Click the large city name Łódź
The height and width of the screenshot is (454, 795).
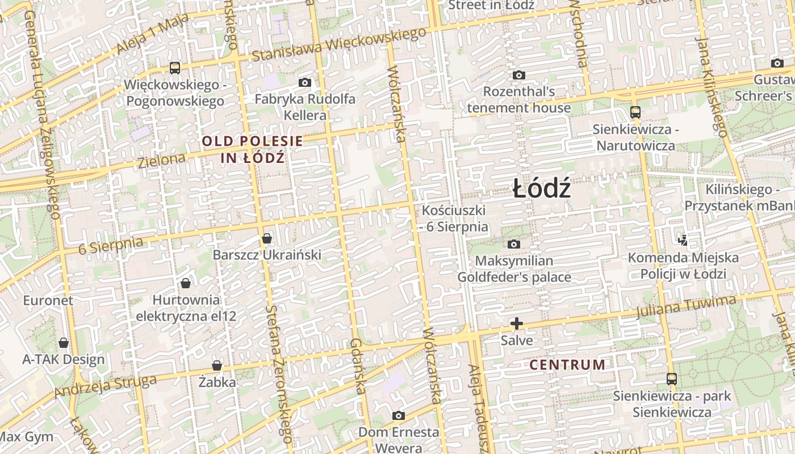[541, 188]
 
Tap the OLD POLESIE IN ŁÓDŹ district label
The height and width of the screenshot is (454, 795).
[253, 149]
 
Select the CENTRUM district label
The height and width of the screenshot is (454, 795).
[567, 364]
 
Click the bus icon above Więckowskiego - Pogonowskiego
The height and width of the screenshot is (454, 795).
[175, 68]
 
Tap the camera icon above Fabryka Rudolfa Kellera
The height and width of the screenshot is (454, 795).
[305, 83]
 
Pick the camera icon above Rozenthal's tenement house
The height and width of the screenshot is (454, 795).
[518, 75]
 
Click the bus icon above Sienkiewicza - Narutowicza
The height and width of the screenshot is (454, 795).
[635, 112]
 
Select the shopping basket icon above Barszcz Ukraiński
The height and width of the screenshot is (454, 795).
[267, 238]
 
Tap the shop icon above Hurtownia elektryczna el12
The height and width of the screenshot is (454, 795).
[186, 283]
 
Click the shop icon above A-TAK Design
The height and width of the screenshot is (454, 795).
[64, 343]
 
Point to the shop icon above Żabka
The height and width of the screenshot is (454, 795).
[217, 365]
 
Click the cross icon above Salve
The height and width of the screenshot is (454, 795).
[517, 323]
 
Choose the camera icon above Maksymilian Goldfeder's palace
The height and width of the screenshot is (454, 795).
[514, 244]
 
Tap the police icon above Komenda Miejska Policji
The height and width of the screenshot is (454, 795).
[683, 241]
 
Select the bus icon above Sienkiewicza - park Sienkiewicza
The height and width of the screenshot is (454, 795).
[672, 379]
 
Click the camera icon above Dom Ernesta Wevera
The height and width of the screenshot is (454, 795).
[399, 415]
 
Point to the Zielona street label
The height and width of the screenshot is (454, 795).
[162, 160]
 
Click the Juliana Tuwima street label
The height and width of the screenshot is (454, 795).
[686, 306]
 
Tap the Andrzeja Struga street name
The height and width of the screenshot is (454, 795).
[105, 386]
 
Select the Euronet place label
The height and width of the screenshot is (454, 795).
[48, 300]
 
